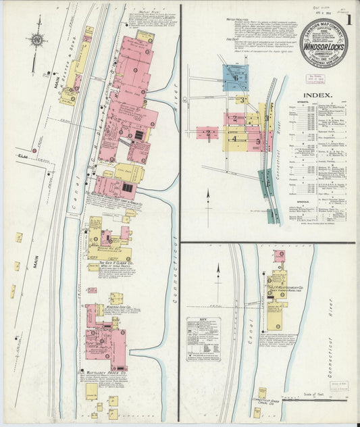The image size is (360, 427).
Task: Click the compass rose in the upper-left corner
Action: click(36, 40)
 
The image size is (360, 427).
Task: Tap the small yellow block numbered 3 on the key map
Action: click(242, 99)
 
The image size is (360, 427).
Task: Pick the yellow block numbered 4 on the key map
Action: click(234, 138)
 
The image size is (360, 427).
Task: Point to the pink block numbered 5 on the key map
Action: click(259, 141)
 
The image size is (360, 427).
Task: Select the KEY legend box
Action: click(207, 338)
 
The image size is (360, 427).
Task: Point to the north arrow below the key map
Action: click(208, 200)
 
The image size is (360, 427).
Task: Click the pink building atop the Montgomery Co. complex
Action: click(279, 256)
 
